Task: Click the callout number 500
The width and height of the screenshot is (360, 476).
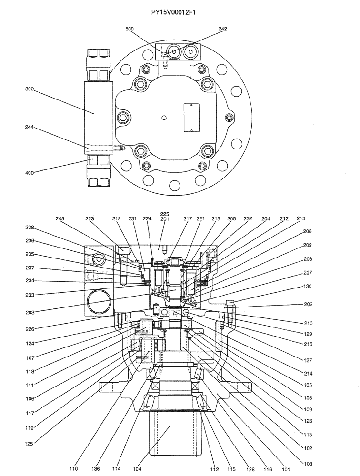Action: click(130, 29)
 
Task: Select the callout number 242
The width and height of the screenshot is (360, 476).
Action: click(223, 29)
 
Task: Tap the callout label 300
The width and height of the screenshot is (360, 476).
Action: click(29, 88)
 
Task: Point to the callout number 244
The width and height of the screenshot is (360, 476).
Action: click(29, 127)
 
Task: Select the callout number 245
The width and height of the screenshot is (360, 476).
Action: click(60, 218)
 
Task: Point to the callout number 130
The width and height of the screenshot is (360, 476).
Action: click(309, 287)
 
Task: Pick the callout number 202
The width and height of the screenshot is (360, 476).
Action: click(309, 305)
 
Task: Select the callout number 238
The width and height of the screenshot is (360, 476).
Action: click(30, 228)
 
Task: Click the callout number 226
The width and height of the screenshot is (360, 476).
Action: click(30, 328)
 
